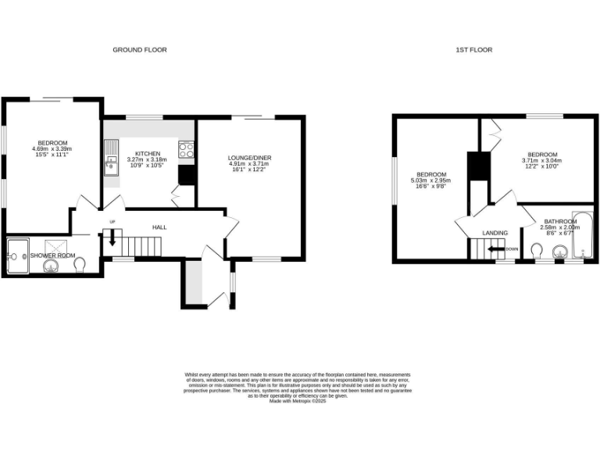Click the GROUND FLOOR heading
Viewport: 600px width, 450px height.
(x=140, y=50)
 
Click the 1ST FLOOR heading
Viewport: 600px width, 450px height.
(x=474, y=50)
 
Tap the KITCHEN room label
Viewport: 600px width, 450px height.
(x=148, y=153)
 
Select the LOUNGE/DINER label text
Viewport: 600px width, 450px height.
(x=250, y=158)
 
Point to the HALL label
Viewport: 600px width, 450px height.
(x=159, y=227)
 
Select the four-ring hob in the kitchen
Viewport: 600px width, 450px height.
(x=186, y=149)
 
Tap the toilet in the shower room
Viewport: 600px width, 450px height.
(x=80, y=265)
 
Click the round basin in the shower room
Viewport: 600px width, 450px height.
(x=52, y=266)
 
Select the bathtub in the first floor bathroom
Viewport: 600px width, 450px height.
(x=583, y=235)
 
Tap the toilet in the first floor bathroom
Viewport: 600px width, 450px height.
(x=536, y=251)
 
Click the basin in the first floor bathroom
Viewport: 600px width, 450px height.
(x=559, y=252)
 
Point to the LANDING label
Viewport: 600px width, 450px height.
(x=495, y=233)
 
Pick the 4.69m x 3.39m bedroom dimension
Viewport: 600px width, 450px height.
(x=52, y=148)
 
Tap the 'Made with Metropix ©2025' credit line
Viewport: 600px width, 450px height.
(x=297, y=402)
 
